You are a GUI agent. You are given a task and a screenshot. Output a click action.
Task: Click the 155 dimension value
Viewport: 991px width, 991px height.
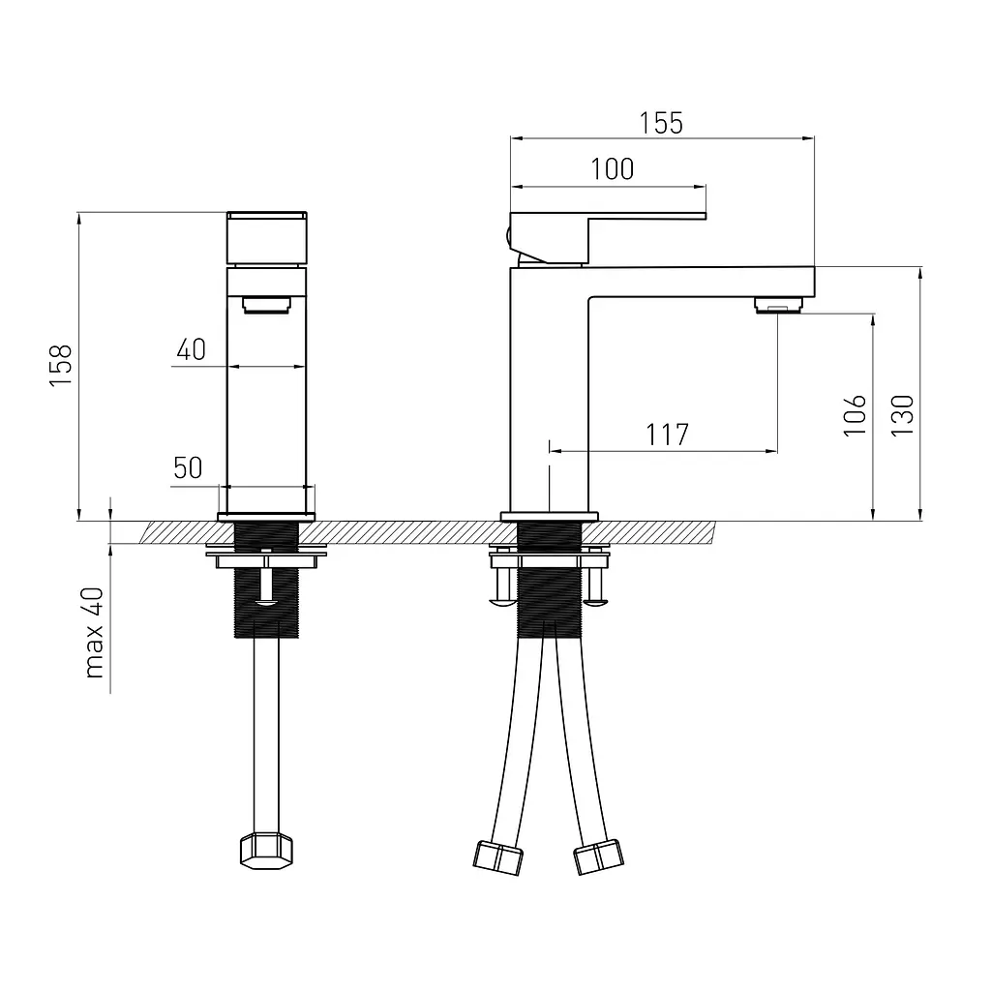(x=661, y=123)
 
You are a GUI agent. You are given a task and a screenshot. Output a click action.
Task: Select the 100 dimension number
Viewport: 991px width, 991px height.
(x=612, y=169)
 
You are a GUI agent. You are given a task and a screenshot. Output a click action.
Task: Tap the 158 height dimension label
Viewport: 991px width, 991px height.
(x=61, y=366)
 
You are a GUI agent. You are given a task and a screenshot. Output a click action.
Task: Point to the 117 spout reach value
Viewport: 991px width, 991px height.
(x=667, y=435)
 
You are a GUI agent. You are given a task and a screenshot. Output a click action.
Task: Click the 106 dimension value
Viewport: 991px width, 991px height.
(x=855, y=414)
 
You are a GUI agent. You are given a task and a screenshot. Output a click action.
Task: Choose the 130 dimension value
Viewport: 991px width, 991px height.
(x=903, y=414)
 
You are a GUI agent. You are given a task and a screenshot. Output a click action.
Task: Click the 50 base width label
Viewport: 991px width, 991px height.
(x=188, y=467)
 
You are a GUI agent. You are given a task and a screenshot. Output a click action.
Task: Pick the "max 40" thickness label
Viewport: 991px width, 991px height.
(x=94, y=633)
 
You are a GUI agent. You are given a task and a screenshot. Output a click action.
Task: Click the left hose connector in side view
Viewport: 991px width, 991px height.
(x=498, y=857)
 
